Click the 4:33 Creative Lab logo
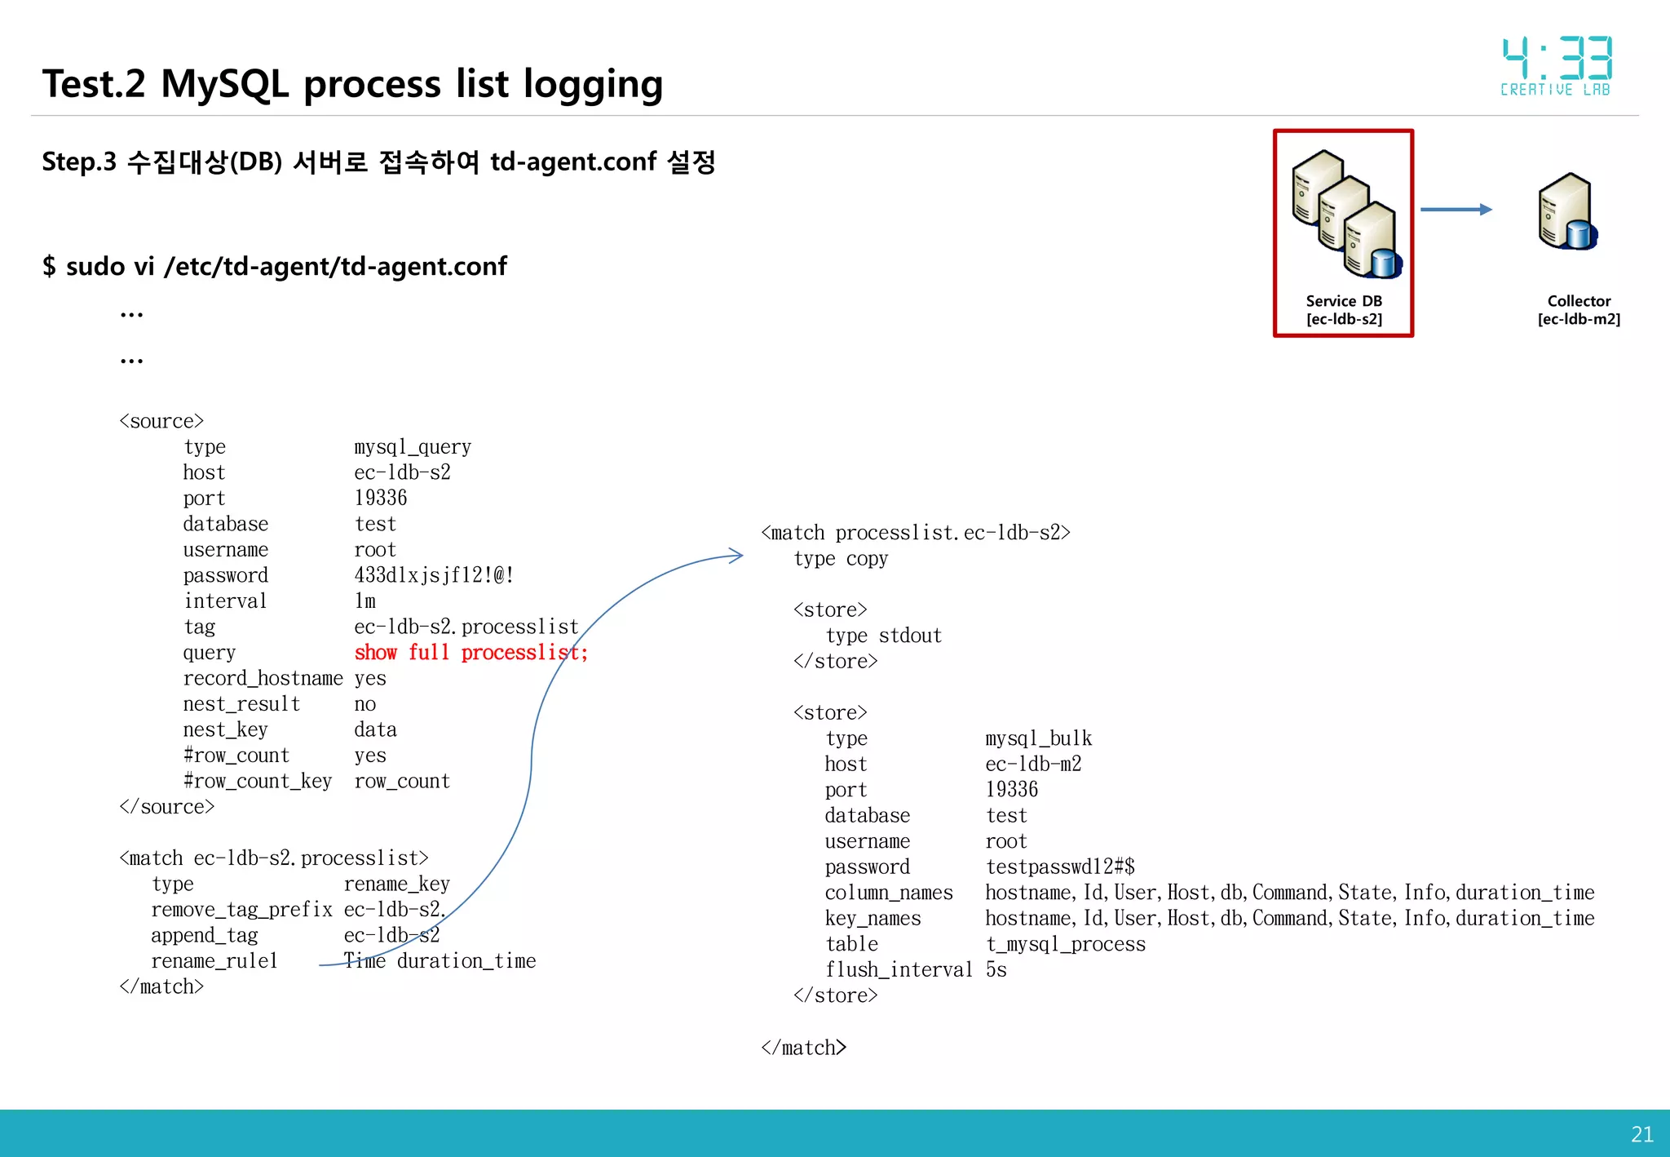(x=1556, y=66)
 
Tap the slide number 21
(x=1641, y=1134)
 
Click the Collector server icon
(x=1566, y=211)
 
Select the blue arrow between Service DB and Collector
(x=1456, y=210)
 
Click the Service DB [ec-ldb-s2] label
(x=1344, y=310)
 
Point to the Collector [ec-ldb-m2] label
(x=1579, y=310)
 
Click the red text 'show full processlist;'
(x=471, y=653)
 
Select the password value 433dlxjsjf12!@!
(x=434, y=575)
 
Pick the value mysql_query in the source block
(x=413, y=447)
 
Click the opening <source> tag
(x=161, y=421)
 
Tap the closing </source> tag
(x=167, y=807)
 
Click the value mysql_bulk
(x=1038, y=738)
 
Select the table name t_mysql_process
(x=1065, y=944)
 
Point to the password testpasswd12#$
(x=1060, y=867)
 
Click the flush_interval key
(x=898, y=969)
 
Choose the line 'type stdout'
(x=883, y=636)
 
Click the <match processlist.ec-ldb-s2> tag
(x=916, y=533)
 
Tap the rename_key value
(x=396, y=884)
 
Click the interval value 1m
(x=365, y=601)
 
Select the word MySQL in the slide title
(x=225, y=84)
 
